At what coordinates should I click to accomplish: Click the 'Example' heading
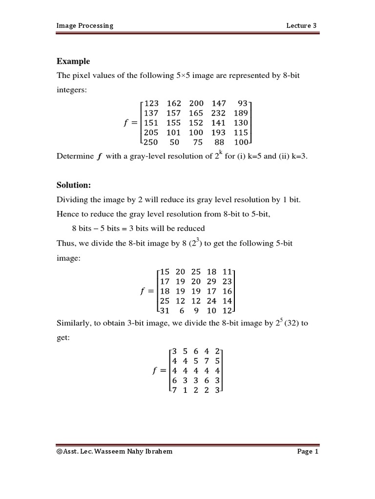(x=73, y=61)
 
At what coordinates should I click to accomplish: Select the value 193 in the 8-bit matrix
(x=218, y=133)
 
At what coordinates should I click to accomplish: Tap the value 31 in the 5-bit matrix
(x=165, y=310)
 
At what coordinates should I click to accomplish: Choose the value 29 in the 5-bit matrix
(x=211, y=282)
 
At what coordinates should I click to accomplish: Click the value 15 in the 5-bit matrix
(x=165, y=272)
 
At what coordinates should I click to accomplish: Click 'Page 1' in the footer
(x=308, y=452)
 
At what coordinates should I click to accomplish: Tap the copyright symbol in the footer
(x=60, y=452)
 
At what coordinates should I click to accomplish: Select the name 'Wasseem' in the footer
(x=111, y=452)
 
